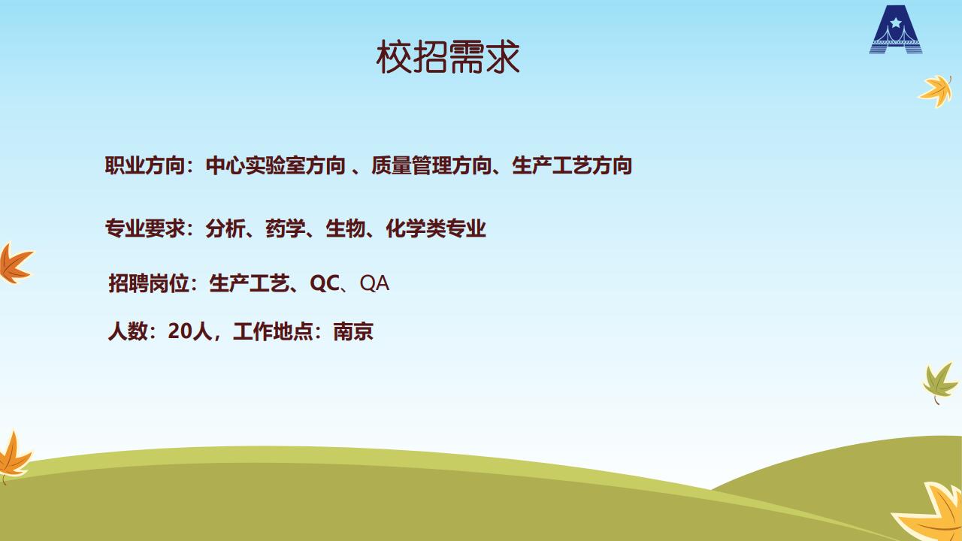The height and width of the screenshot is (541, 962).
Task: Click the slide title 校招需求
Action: (x=448, y=56)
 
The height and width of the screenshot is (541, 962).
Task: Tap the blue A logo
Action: (x=896, y=29)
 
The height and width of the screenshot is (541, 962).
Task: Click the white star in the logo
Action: (x=895, y=22)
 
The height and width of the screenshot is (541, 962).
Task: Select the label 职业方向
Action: (x=145, y=166)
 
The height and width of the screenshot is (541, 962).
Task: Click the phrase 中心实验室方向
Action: (x=275, y=166)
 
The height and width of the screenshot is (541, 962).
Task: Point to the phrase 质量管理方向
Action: (x=431, y=166)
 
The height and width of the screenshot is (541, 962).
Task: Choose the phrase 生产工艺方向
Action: (x=572, y=166)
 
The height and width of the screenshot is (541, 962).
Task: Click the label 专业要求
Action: (x=145, y=228)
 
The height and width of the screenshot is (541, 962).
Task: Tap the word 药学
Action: (x=286, y=228)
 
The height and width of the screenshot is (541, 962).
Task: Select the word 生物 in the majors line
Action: (x=346, y=228)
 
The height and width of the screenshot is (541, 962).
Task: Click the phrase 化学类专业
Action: (x=436, y=228)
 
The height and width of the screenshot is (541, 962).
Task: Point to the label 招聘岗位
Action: (x=149, y=283)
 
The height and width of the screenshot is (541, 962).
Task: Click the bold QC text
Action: (x=325, y=283)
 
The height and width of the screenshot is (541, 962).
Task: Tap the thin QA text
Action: (x=374, y=283)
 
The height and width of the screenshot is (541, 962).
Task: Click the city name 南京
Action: (x=353, y=331)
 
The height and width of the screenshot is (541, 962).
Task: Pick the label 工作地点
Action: (x=273, y=331)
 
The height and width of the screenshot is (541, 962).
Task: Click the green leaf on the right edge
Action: (x=939, y=382)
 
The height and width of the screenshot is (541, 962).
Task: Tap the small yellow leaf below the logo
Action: (x=936, y=91)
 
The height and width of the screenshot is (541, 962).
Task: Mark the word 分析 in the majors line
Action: (x=225, y=228)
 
